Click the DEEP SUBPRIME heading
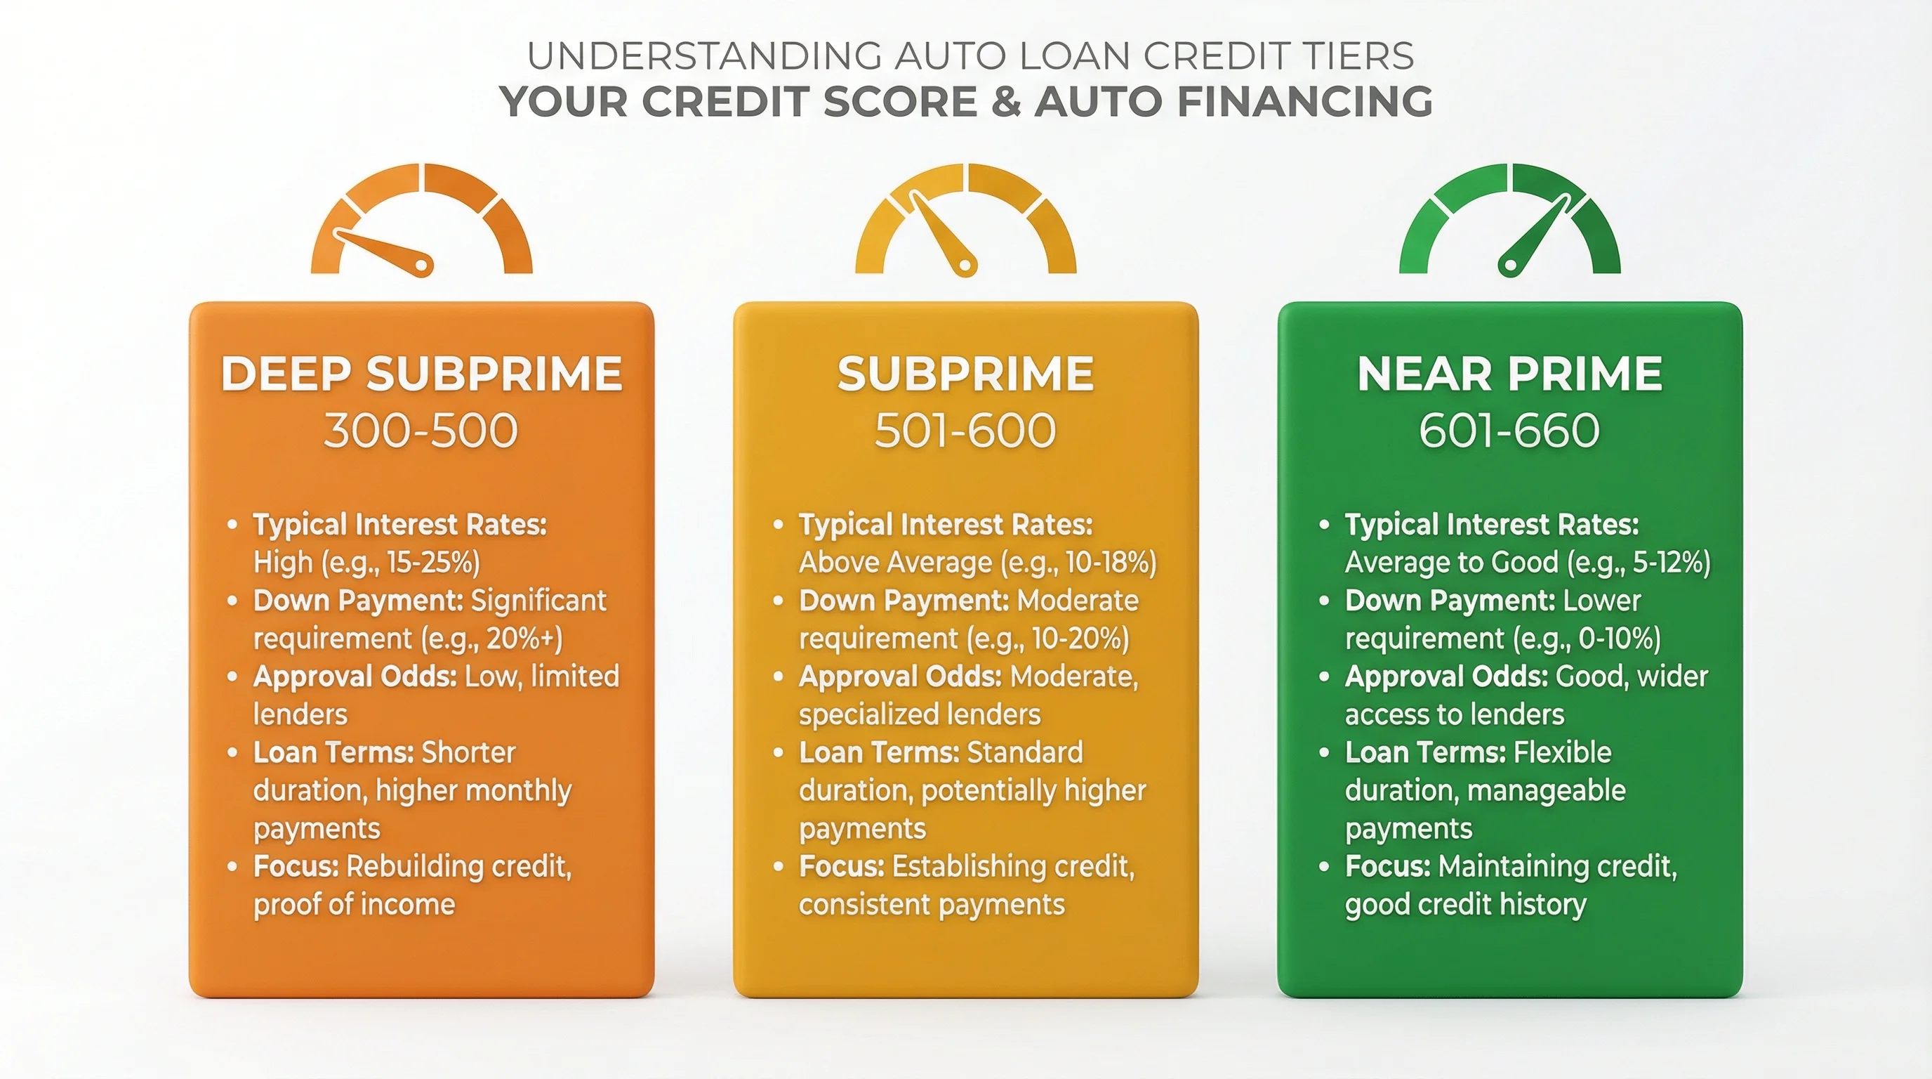click(x=421, y=374)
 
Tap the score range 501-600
click(x=965, y=431)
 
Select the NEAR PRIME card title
click(x=1510, y=374)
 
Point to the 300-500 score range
click(x=421, y=431)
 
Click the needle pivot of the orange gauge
click(x=422, y=265)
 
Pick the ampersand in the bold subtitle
click(x=1005, y=102)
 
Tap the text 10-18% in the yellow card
click(x=1110, y=563)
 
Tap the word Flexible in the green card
click(x=1562, y=752)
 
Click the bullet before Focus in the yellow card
click(x=778, y=867)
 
